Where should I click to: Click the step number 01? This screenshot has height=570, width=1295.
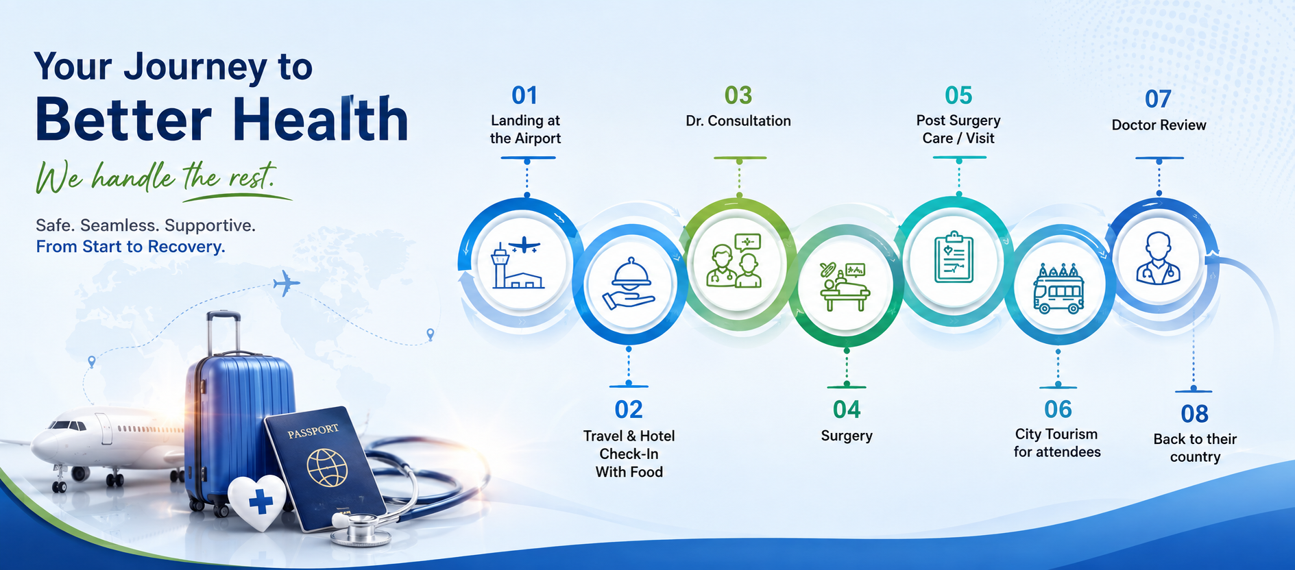(x=524, y=95)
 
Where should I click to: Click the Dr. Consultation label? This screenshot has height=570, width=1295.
(x=738, y=121)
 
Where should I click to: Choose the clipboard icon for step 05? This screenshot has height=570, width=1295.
(x=954, y=257)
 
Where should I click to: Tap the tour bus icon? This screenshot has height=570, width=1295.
(x=1058, y=288)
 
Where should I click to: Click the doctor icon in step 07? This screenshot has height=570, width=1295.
(x=1158, y=258)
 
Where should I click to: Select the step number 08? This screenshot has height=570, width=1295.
(x=1194, y=414)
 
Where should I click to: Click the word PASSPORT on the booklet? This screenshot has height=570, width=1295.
(x=313, y=431)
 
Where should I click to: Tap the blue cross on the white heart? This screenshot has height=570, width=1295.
(x=261, y=501)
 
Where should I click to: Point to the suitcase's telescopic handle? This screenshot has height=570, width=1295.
(x=223, y=335)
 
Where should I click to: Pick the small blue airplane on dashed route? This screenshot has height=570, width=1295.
(x=287, y=282)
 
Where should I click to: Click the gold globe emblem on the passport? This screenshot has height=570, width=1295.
(x=327, y=468)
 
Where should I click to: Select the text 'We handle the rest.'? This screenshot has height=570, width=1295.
(x=156, y=177)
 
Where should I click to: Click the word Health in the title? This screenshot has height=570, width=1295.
(x=321, y=119)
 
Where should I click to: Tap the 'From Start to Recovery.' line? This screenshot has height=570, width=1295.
(x=130, y=247)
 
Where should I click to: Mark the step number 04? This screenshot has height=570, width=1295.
(x=847, y=410)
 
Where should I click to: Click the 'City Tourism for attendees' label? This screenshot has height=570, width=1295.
(x=1057, y=443)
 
